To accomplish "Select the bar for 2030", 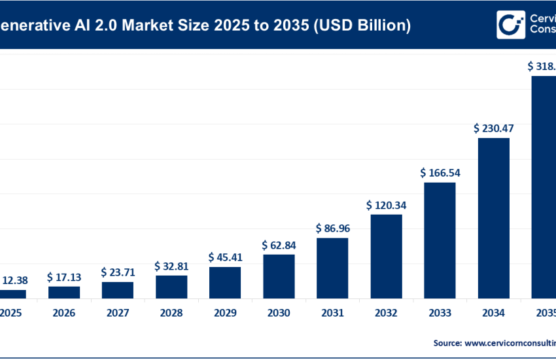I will tap(279, 276).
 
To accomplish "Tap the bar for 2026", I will tap(64, 292).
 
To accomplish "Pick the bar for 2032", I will tap(386, 256).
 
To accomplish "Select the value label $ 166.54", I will tap(440, 173).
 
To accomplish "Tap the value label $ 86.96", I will tap(332, 228).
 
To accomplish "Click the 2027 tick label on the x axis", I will tap(118, 314).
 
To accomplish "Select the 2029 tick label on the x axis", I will tap(225, 314).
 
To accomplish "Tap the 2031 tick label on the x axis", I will tap(332, 314).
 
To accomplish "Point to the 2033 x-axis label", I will tap(440, 314).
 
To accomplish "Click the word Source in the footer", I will tap(447, 342).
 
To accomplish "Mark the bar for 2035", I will tap(544, 187).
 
